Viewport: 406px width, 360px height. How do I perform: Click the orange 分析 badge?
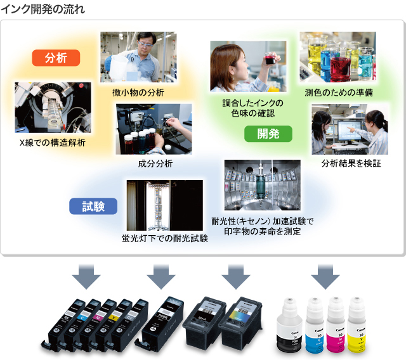click(x=56, y=58)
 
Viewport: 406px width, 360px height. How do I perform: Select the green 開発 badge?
click(x=268, y=133)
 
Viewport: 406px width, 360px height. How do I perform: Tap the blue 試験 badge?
click(x=93, y=206)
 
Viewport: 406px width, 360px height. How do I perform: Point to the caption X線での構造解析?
click(x=53, y=143)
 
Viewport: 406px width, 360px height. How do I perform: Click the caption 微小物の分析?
click(x=138, y=93)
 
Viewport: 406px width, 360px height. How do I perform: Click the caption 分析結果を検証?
click(x=351, y=164)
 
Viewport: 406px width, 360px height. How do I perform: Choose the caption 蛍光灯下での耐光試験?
click(x=165, y=240)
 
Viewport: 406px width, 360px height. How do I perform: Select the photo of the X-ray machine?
click(x=53, y=107)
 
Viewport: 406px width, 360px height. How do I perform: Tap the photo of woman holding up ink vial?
click(x=248, y=67)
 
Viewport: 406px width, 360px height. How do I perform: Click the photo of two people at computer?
click(x=350, y=129)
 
